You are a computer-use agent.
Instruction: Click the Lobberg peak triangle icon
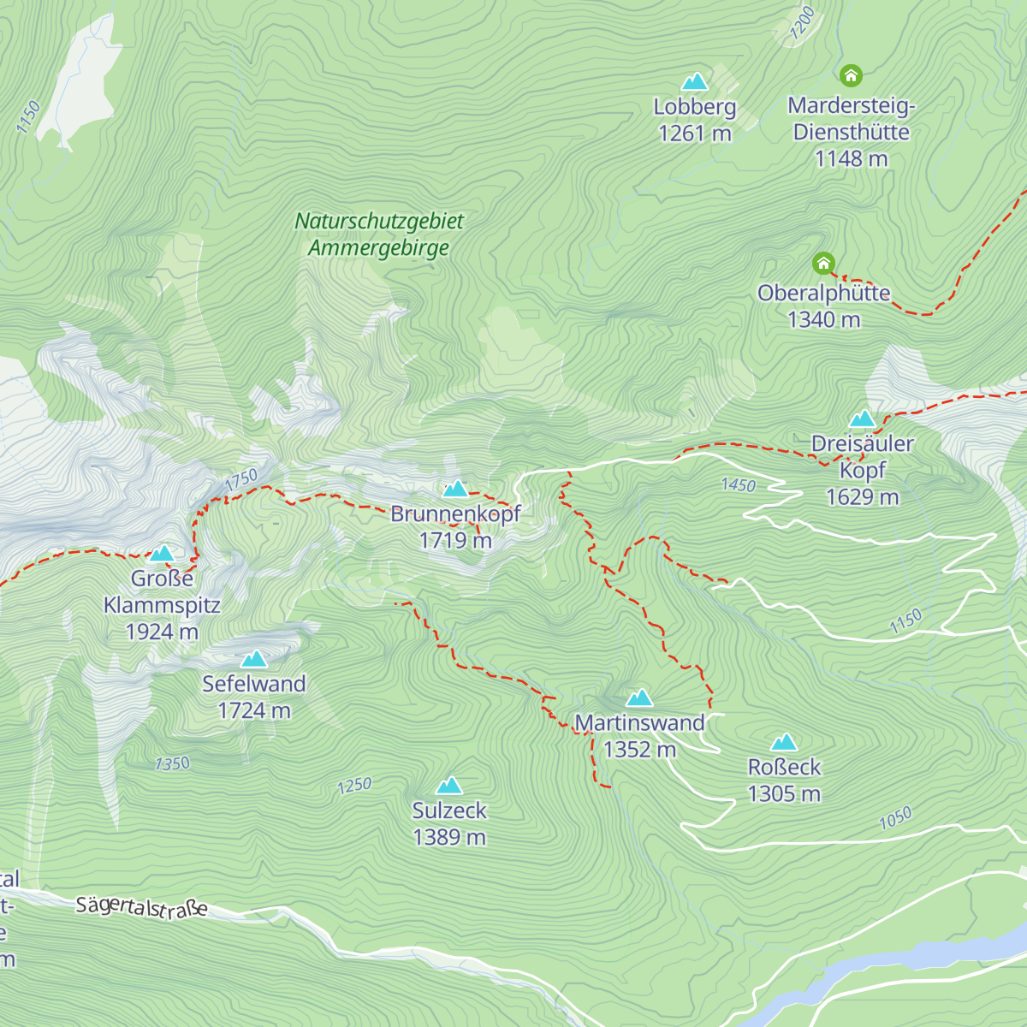[695, 82]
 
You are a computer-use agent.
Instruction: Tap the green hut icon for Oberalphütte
[823, 263]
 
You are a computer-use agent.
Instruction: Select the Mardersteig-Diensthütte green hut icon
[851, 76]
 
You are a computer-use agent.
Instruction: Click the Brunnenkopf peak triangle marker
[455, 489]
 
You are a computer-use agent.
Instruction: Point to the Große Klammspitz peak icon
[162, 553]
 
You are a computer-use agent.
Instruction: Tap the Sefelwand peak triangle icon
[254, 659]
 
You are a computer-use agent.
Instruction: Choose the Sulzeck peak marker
[449, 786]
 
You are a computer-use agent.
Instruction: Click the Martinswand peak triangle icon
[639, 698]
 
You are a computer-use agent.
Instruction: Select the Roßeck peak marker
[784, 742]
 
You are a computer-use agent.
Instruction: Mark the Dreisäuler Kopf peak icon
[862, 419]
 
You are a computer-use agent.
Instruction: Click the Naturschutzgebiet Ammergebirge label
[379, 234]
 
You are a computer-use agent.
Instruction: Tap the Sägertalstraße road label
[141, 906]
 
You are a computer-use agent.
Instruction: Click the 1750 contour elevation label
[241, 480]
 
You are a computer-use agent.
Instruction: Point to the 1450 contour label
[738, 485]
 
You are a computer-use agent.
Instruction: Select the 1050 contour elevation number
[895, 819]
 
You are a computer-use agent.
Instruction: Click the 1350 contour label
[172, 763]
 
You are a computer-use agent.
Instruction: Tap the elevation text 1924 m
[162, 632]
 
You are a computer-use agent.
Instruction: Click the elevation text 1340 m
[823, 319]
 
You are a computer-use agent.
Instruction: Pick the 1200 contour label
[802, 23]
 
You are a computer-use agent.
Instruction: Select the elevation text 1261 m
[695, 134]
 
